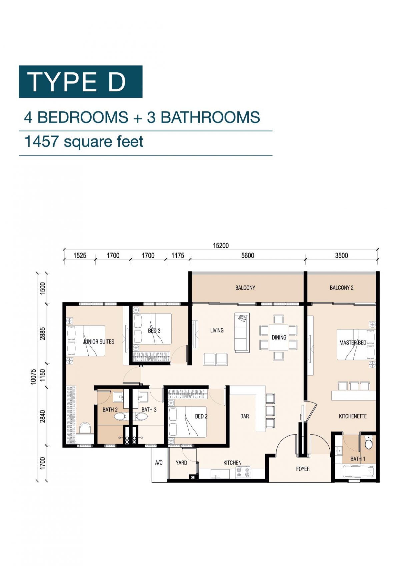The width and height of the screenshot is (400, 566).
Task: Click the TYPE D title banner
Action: point(80,82)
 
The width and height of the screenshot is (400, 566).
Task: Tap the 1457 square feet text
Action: point(84,141)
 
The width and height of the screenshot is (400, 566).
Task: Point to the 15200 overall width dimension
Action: point(221,245)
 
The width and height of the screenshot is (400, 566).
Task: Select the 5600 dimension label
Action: point(248,255)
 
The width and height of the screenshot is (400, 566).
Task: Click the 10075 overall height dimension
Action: point(33,377)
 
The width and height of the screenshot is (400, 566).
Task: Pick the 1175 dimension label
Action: point(178,255)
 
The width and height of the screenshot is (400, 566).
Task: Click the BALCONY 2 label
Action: point(341,288)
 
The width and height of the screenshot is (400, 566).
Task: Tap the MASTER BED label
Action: point(352,343)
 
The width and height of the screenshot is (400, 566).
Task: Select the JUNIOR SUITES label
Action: point(98,342)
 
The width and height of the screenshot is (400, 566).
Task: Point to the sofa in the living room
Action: point(242,333)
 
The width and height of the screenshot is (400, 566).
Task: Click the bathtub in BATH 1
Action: point(359,472)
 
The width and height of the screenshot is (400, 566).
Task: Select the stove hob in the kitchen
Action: point(243,472)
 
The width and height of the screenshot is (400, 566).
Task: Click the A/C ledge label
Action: point(159,463)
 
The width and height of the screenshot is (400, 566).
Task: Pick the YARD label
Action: point(181,463)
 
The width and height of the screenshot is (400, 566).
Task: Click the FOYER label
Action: point(303,469)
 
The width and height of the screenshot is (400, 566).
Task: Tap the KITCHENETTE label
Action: point(353,416)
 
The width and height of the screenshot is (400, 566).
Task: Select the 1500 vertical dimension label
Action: point(42,288)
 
